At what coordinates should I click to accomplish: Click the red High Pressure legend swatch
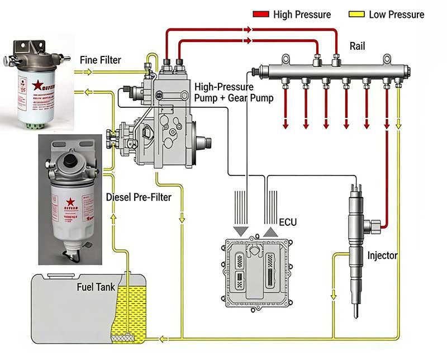[261, 14]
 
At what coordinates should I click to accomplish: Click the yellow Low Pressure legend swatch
[356, 14]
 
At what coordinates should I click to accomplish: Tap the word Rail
[358, 46]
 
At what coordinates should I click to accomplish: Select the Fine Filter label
[101, 60]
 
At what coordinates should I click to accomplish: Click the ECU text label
[288, 222]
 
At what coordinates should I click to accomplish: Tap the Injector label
[382, 256]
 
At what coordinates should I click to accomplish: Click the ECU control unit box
[257, 271]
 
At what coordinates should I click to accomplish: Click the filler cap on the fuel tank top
[58, 275]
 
